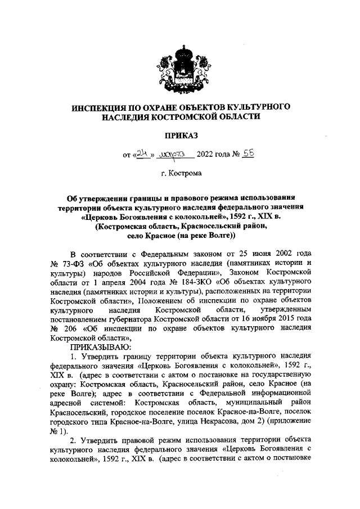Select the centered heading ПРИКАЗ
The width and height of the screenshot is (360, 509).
coord(181,135)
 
